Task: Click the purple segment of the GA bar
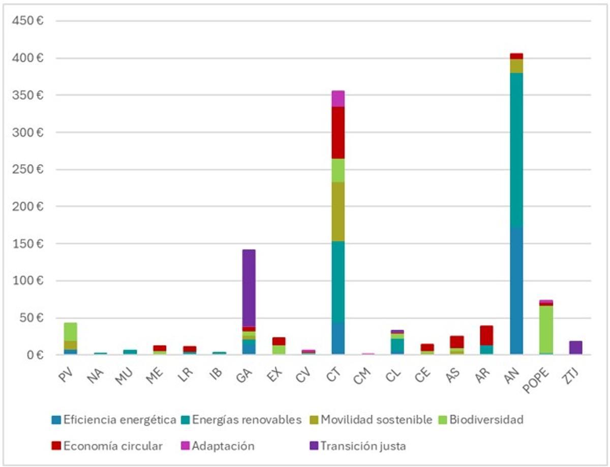coord(249,288)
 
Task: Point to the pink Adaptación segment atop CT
coord(338,99)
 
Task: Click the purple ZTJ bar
coord(575,348)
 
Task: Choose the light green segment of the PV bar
coord(70,331)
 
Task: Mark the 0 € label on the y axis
coord(35,355)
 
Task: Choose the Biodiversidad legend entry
coord(487,420)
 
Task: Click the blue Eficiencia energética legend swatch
coord(56,420)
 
